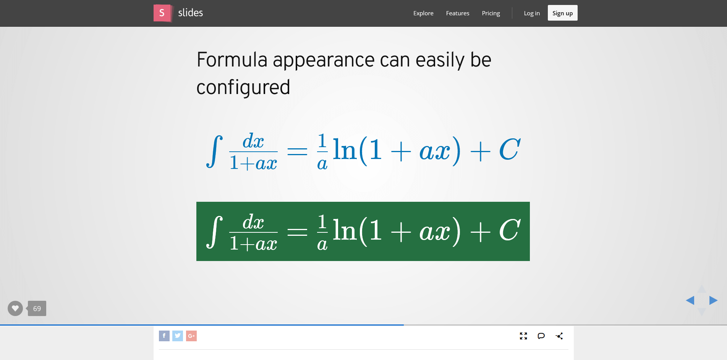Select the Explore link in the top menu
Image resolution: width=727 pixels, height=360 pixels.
pos(423,13)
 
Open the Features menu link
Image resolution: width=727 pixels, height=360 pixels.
pos(458,13)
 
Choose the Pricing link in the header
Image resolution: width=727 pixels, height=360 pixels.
pos(491,13)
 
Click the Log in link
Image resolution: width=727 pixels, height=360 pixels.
pos(532,13)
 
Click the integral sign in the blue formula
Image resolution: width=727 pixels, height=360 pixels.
pos(215,151)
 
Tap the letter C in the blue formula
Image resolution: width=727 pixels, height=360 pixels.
pos(510,149)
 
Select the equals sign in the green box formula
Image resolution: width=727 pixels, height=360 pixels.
pos(297,232)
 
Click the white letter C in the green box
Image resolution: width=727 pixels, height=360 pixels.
pos(510,230)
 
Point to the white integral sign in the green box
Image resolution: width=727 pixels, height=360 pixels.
pos(215,232)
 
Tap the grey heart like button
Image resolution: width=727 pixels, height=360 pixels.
pos(15,308)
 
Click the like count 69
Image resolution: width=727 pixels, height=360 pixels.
pos(37,308)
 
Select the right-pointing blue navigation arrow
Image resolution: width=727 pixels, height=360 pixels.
pos(713,300)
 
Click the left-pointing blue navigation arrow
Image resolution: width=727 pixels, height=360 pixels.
pos(690,300)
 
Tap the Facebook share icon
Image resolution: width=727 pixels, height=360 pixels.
pos(164,336)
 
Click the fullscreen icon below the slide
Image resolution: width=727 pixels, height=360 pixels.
pos(523,336)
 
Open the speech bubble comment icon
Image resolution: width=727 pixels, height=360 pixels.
pos(541,336)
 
